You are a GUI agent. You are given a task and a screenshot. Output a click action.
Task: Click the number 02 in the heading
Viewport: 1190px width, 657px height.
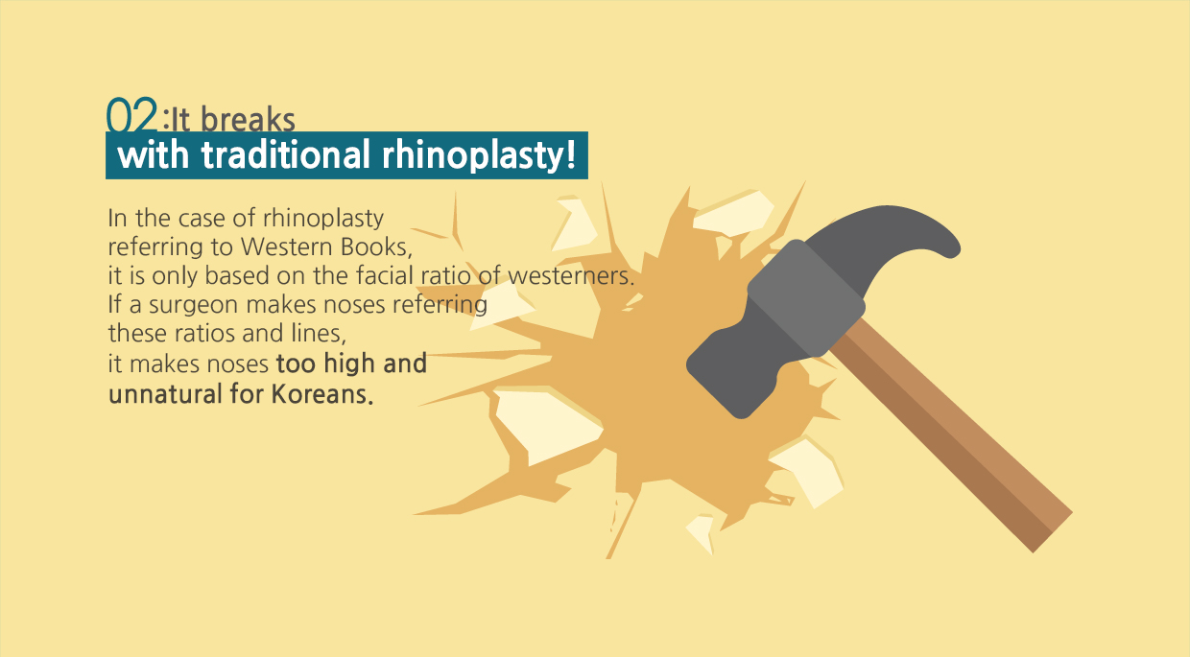[x=132, y=114]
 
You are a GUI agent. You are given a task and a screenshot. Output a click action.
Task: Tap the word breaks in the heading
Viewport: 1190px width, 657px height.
[x=248, y=120]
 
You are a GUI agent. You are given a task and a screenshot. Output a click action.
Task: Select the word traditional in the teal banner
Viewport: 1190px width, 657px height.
[x=285, y=154]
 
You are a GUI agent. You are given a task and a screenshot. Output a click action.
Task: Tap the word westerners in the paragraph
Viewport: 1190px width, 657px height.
[x=571, y=275]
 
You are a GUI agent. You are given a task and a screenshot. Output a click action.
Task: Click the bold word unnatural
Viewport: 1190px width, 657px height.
[x=165, y=394]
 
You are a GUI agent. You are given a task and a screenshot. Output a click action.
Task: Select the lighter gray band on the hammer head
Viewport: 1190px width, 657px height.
[x=806, y=298]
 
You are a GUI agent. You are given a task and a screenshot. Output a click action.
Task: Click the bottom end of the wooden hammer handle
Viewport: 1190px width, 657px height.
[x=1053, y=532]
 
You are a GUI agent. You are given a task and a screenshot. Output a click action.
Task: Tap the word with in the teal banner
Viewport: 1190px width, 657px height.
[x=153, y=154]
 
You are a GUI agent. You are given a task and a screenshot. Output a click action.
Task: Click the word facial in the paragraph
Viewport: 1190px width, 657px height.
[x=384, y=275]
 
